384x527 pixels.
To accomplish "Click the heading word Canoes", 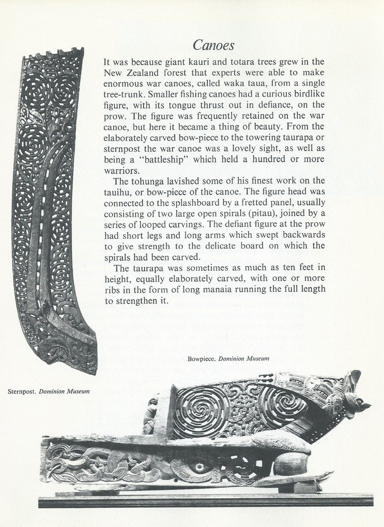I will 214,45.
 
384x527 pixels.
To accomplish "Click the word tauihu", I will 116,191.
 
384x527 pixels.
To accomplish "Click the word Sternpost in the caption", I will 21,392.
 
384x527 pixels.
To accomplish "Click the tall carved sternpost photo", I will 51,206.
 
